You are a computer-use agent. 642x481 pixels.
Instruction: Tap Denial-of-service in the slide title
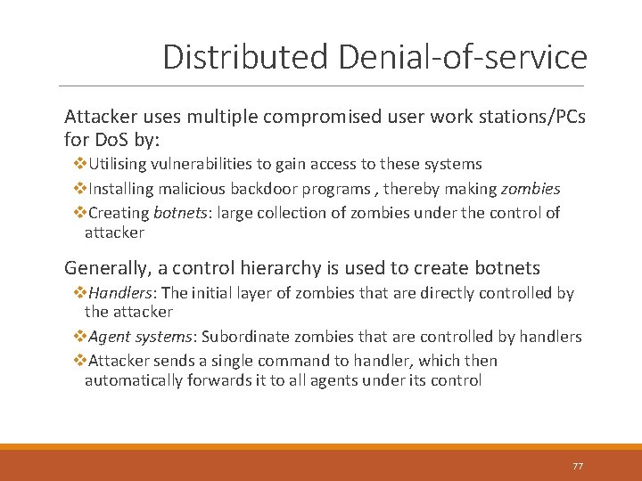point(463,57)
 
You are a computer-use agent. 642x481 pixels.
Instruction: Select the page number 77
point(578,467)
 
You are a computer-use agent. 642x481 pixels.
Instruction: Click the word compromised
point(288,117)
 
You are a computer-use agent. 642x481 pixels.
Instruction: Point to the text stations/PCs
point(529,117)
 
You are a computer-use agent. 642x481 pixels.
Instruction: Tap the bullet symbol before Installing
point(78,189)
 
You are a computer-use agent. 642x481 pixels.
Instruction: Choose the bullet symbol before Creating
point(78,213)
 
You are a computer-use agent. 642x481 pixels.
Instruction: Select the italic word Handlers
point(120,293)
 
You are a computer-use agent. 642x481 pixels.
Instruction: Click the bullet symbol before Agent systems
point(78,337)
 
